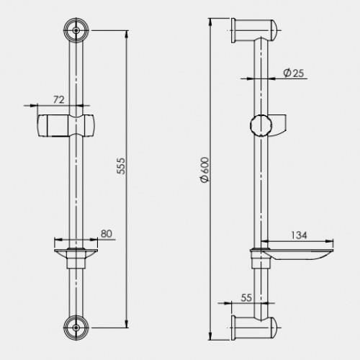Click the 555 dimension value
click(121, 166)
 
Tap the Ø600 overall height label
click(204, 170)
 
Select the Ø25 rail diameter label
click(294, 73)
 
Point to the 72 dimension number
click(59, 99)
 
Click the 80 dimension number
click(107, 233)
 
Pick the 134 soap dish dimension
click(299, 235)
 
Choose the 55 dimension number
click(246, 298)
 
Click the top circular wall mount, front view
click(76, 30)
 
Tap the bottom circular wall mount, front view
click(76, 328)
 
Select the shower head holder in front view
click(66, 126)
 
